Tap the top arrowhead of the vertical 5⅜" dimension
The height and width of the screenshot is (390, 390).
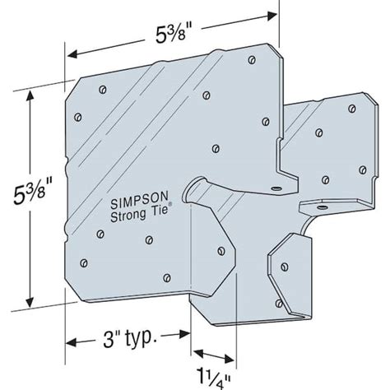pos(31,94)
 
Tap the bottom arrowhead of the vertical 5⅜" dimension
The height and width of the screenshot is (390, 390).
pos(31,299)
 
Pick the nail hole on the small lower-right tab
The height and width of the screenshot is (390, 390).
pos(285,266)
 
